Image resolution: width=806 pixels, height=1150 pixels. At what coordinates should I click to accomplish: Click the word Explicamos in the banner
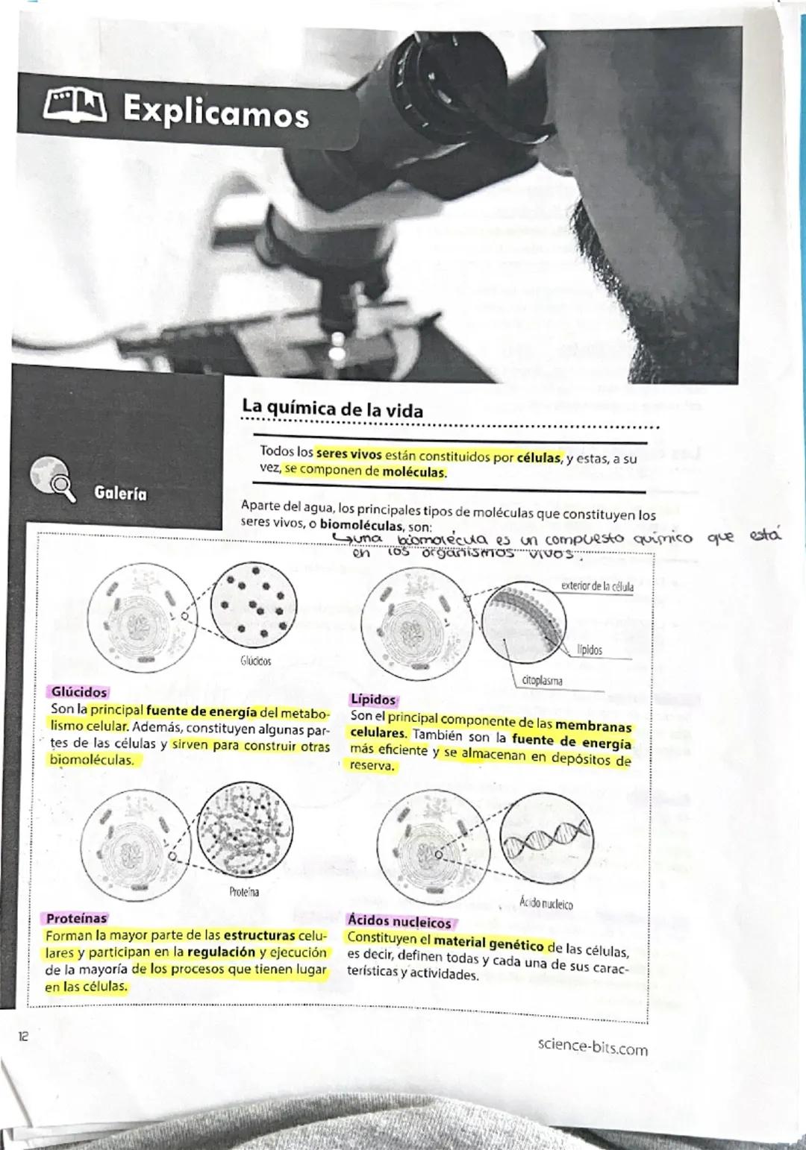216,112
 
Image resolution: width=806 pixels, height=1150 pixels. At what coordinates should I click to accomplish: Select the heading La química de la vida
332,409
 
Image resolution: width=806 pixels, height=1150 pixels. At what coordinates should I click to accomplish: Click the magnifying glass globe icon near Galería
52,479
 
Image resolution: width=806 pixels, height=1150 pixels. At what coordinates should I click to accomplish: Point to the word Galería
120,493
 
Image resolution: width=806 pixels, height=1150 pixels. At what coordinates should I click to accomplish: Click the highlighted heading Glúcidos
79,692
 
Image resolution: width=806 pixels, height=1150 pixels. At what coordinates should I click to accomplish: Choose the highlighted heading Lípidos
373,700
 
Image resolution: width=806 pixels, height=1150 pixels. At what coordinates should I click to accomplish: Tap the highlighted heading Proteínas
76,918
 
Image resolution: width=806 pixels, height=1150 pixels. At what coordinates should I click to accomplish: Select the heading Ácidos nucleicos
399,922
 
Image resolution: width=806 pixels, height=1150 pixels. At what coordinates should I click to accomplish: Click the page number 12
23,1036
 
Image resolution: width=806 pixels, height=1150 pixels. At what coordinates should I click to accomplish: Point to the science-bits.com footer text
593,1047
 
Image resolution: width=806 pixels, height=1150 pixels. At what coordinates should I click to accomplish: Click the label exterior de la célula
597,586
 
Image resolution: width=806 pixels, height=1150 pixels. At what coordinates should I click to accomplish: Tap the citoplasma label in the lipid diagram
542,680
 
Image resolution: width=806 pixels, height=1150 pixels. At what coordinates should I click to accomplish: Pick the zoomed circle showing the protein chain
248,829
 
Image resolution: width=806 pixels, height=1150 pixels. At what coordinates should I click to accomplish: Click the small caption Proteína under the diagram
244,892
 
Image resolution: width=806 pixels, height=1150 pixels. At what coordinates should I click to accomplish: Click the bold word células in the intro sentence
538,457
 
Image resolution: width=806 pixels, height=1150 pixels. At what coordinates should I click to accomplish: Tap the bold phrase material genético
488,943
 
